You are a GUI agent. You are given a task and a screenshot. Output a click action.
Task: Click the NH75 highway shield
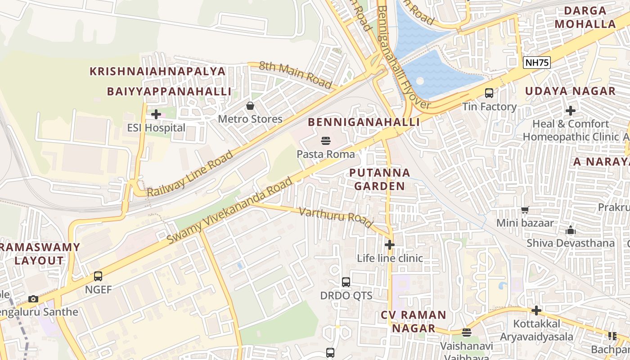coord(537,63)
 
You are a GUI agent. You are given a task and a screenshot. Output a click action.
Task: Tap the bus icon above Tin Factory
coord(489,93)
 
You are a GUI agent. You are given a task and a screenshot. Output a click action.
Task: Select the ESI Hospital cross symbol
coord(156,114)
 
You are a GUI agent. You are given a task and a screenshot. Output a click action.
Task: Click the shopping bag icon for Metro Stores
coord(250,106)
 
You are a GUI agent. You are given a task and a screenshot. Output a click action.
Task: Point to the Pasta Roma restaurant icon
coord(326,141)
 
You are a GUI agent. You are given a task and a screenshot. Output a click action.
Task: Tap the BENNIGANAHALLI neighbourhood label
coord(364,122)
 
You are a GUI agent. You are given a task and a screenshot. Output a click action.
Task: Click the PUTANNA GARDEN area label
coord(380,179)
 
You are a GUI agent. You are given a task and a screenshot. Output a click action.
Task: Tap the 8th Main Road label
coord(295,75)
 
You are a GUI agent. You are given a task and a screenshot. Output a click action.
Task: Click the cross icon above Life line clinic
coord(390,245)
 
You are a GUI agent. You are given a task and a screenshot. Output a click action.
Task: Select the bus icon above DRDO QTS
coord(346,282)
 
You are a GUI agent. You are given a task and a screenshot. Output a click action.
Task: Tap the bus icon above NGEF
coord(98,276)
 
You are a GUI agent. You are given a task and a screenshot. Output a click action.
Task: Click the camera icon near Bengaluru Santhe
coord(33,299)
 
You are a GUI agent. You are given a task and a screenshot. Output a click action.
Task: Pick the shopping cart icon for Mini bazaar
coord(525,210)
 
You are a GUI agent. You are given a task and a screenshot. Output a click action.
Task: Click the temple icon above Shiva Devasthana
coord(571,230)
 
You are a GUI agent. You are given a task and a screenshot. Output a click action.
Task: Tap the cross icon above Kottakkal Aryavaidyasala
coord(536,310)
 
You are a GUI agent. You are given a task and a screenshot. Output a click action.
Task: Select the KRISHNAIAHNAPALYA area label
coord(157,71)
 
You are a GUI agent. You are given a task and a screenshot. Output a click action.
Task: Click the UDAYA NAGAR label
coord(570,91)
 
